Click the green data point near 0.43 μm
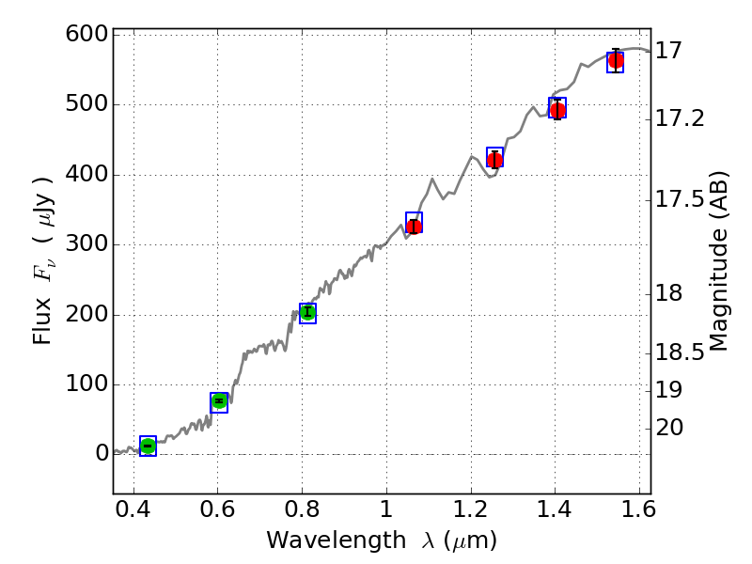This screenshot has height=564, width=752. coord(148,446)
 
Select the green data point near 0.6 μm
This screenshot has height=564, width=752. coord(219,401)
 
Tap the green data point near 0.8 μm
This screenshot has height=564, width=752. coord(307,312)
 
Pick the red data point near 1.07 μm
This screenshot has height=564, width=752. coord(414,227)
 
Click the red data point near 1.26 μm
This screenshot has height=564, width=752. coord(494,160)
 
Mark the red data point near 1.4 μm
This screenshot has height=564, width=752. coord(557,111)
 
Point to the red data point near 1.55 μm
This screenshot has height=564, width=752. coord(616,61)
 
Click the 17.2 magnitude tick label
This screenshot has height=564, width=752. coord(680,118)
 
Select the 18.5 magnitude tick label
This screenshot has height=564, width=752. coord(680,353)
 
